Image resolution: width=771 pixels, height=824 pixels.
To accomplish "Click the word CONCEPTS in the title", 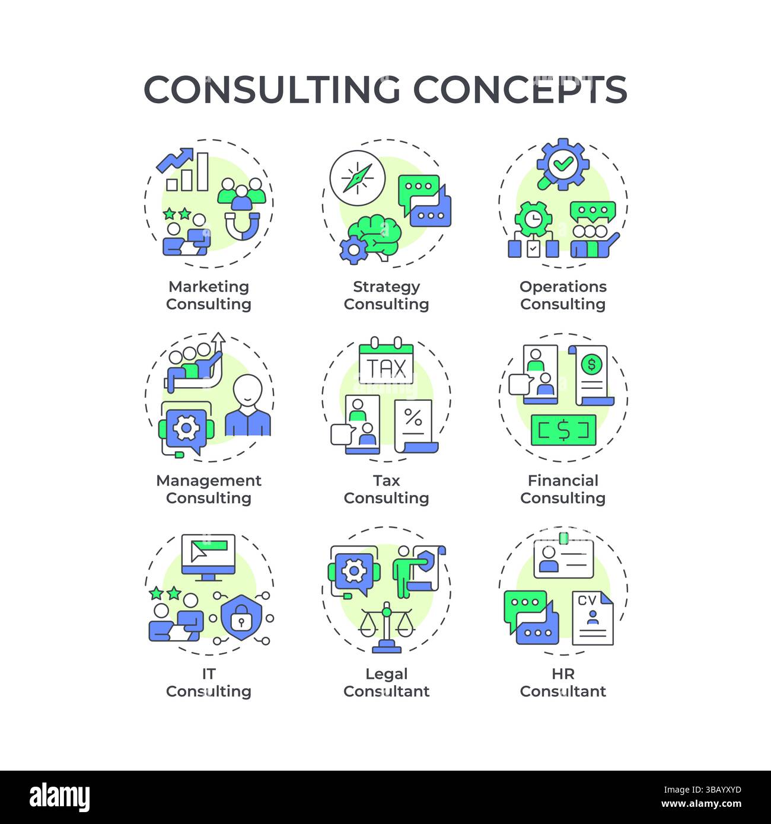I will click(x=520, y=90).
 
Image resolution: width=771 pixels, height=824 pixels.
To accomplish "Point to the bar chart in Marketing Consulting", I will click(x=187, y=173).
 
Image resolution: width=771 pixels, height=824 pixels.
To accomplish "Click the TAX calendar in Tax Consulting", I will click(x=386, y=363).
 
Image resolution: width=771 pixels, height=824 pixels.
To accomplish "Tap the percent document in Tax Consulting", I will click(x=415, y=424).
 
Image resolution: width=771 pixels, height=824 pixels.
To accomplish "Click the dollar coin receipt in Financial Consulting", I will click(x=591, y=374).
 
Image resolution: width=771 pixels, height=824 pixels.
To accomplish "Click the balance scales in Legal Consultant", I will click(x=387, y=625).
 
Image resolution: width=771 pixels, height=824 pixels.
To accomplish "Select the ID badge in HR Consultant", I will click(x=563, y=557).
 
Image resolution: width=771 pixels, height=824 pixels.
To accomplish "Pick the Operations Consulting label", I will click(x=563, y=295).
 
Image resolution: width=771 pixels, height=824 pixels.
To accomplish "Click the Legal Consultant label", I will click(x=386, y=682).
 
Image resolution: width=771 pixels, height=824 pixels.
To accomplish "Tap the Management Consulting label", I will click(x=208, y=489).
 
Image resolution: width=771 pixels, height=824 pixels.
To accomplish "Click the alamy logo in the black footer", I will click(x=60, y=798).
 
